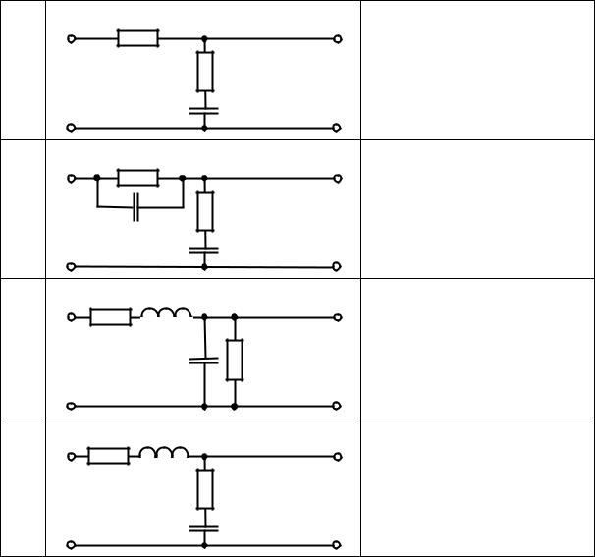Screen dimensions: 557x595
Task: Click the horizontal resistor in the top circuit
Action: (137, 38)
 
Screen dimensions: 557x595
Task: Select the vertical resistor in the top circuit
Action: (204, 71)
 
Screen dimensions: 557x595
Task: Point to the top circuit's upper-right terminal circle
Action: (337, 39)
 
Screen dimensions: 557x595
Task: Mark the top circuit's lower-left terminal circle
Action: (71, 128)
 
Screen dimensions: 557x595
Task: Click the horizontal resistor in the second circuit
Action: (137, 178)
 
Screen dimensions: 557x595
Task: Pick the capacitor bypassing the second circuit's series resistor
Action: (136, 208)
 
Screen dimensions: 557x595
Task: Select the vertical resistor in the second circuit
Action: (204, 210)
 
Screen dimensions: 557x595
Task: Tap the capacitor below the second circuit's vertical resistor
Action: (204, 250)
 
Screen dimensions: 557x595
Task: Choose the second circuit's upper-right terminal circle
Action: (337, 179)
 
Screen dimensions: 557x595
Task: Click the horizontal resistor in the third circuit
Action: (110, 317)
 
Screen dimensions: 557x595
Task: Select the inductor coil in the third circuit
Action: (166, 314)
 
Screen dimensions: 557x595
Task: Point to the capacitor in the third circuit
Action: (204, 361)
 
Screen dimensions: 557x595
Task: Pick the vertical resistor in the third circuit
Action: (235, 360)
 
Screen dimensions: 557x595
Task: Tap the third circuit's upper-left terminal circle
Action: (71, 317)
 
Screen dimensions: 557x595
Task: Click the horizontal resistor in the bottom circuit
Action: (108, 456)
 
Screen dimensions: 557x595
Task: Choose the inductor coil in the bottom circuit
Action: (164, 453)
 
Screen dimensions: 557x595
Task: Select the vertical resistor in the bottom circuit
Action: (204, 488)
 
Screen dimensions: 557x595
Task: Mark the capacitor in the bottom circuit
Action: (204, 528)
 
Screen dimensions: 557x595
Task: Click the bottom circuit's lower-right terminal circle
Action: (337, 545)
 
